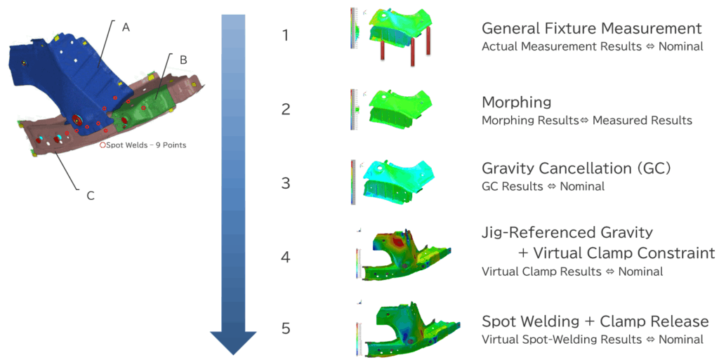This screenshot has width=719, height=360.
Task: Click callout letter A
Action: pyautogui.click(x=126, y=27)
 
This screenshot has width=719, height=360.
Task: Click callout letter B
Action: pyautogui.click(x=183, y=60)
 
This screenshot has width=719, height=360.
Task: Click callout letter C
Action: pyautogui.click(x=91, y=195)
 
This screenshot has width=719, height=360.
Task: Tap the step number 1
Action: pyautogui.click(x=285, y=35)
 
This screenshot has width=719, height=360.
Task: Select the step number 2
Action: pyautogui.click(x=285, y=109)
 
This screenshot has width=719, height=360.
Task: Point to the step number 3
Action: pyautogui.click(x=285, y=183)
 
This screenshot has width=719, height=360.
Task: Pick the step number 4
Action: pyautogui.click(x=285, y=257)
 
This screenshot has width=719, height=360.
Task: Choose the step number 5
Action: pyautogui.click(x=285, y=328)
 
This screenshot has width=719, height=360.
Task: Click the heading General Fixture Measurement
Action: pyautogui.click(x=591, y=29)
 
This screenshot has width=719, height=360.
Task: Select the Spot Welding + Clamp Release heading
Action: pyautogui.click(x=595, y=321)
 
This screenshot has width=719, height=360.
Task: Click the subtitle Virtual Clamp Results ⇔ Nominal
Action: pyautogui.click(x=572, y=272)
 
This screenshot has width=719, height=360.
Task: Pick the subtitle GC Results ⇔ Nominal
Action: pyautogui.click(x=542, y=187)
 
